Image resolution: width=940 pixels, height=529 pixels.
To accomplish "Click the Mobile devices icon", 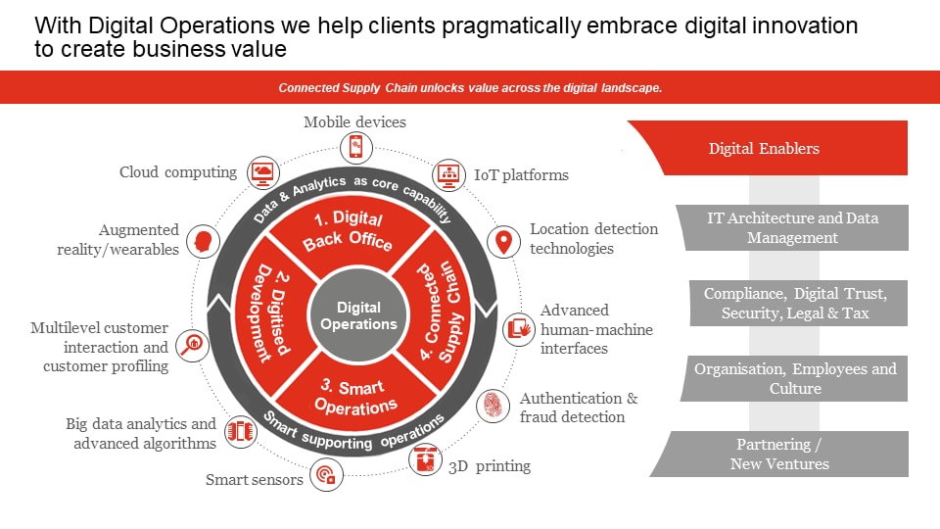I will click(355, 147).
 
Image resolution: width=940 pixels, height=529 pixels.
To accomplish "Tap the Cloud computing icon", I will click(262, 172).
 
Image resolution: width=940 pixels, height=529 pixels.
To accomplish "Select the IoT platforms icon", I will click(448, 175).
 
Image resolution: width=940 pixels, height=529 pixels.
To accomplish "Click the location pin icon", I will click(504, 242).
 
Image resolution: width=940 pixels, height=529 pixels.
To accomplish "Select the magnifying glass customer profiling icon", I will click(193, 344).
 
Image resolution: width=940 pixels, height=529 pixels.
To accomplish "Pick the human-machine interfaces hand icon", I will click(518, 329).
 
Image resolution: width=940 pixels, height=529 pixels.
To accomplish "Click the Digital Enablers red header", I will click(764, 149).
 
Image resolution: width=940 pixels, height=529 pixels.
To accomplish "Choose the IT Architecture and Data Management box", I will click(792, 227).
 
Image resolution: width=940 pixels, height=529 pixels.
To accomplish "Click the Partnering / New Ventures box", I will click(779, 454).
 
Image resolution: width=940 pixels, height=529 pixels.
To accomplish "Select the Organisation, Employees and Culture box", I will click(794, 378).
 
